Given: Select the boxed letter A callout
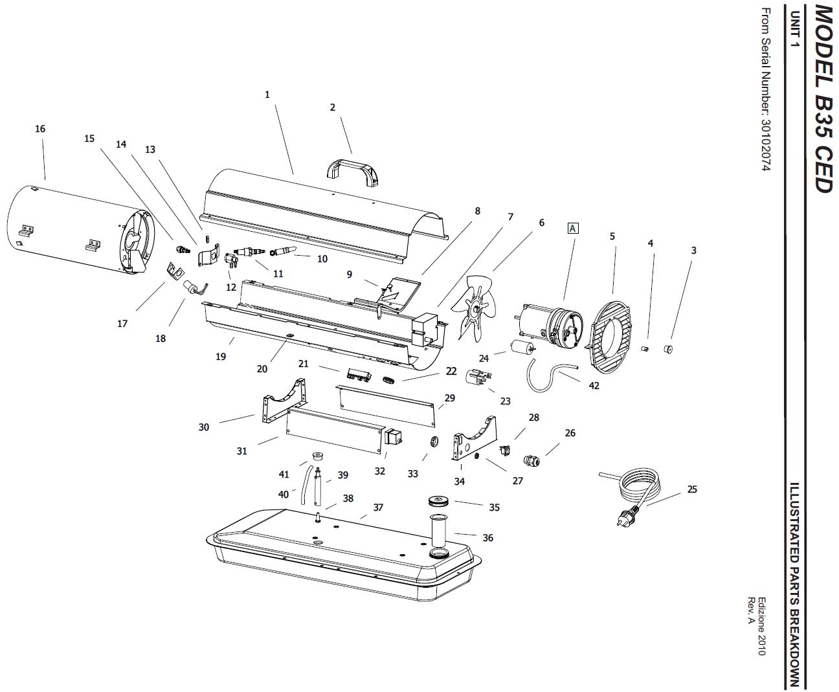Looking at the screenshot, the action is click(572, 229).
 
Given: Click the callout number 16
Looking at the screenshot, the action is click(40, 129).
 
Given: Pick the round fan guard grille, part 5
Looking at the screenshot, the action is click(610, 337).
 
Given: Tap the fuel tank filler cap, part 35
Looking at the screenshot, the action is click(439, 502).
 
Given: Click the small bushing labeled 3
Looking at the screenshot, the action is click(668, 348).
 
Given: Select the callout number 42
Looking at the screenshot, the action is click(594, 385).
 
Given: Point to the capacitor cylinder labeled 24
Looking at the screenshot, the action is click(522, 346).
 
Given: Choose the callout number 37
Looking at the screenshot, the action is click(378, 507).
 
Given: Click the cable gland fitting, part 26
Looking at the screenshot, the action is click(531, 460).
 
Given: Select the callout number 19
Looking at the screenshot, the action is click(221, 356).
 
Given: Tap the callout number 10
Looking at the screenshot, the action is click(322, 259).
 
